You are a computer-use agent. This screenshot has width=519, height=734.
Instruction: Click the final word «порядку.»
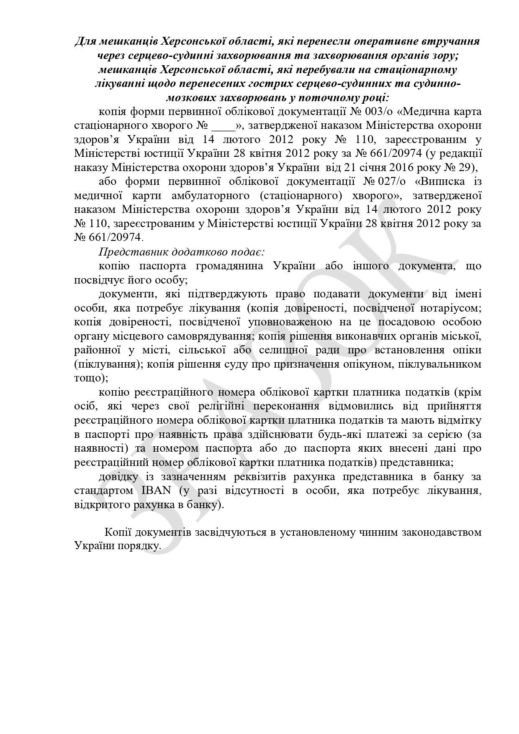[x=140, y=546]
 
